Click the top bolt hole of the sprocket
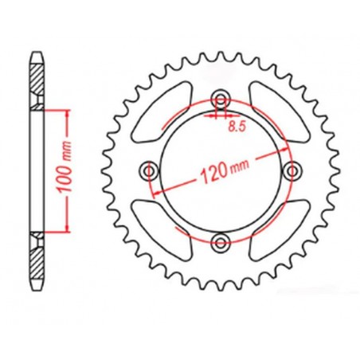(220, 99)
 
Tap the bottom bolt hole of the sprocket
(220, 242)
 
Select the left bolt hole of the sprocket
(148, 170)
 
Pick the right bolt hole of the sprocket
(292, 170)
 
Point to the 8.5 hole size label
(236, 125)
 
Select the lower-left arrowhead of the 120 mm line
(162, 195)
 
